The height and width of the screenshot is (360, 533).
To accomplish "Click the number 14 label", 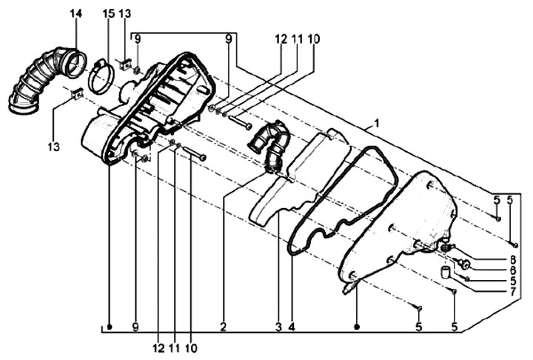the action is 76,13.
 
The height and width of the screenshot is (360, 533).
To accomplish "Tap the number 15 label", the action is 109,13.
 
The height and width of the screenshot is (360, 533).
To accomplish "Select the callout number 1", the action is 377,123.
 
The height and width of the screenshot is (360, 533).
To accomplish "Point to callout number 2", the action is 223,327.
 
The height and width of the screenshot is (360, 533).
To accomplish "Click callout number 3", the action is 279,327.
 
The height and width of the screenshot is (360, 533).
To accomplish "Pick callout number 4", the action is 292,327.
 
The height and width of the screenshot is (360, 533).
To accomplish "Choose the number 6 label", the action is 512,270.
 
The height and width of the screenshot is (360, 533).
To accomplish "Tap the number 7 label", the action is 512,291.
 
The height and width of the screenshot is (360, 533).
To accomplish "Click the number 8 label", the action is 512,260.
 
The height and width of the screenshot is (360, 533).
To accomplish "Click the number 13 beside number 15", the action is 125,13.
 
